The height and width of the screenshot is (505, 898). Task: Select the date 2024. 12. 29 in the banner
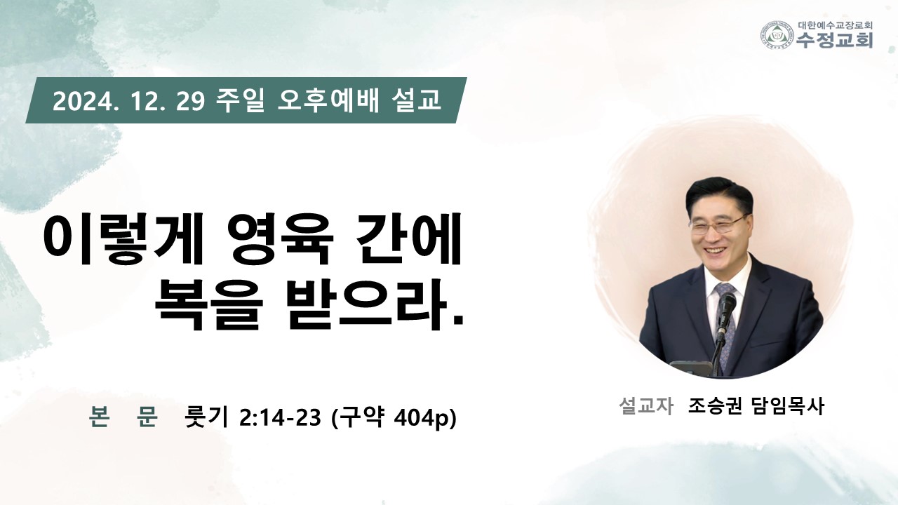pos(129,101)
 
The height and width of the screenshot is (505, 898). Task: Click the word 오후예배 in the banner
pos(328,100)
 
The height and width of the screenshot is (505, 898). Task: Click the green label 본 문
pos(123,417)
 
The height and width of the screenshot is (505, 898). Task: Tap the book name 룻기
pos(206,417)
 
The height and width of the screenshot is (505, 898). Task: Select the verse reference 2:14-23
pos(280,418)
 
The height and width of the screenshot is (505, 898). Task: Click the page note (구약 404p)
pos(394,418)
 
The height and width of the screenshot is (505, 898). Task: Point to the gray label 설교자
pos(645,406)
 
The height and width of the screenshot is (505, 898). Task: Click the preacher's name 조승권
pos(714,406)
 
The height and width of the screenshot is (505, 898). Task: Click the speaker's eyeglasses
pos(718,225)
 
